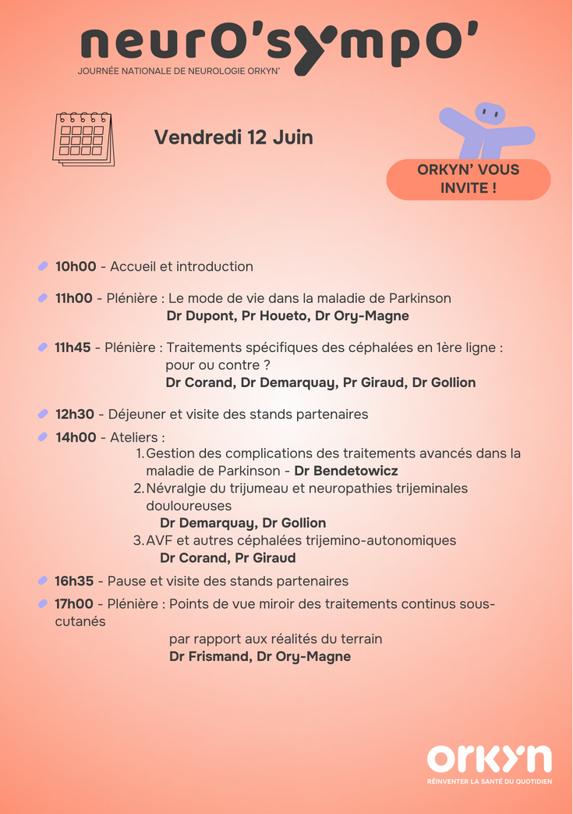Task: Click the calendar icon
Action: tap(83, 139)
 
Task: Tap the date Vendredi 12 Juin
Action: tap(233, 137)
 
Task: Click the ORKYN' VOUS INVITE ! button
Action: tap(468, 179)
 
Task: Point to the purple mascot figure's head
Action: tap(490, 114)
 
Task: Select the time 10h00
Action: tap(76, 267)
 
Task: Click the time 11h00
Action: tap(74, 299)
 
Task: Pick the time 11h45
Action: tap(73, 348)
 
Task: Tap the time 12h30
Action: tap(75, 414)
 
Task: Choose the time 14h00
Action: tap(76, 438)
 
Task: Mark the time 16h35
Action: tap(74, 581)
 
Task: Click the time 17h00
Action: tap(74, 604)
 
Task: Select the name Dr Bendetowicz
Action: tap(345, 471)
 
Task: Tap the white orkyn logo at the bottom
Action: tap(489, 759)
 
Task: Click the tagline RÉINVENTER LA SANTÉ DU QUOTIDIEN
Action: tap(489, 781)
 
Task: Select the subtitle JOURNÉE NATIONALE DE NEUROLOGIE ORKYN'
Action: tap(179, 71)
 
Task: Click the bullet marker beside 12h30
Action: tap(43, 414)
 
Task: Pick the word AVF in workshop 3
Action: tap(158, 541)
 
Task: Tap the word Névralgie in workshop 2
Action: tap(175, 489)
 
